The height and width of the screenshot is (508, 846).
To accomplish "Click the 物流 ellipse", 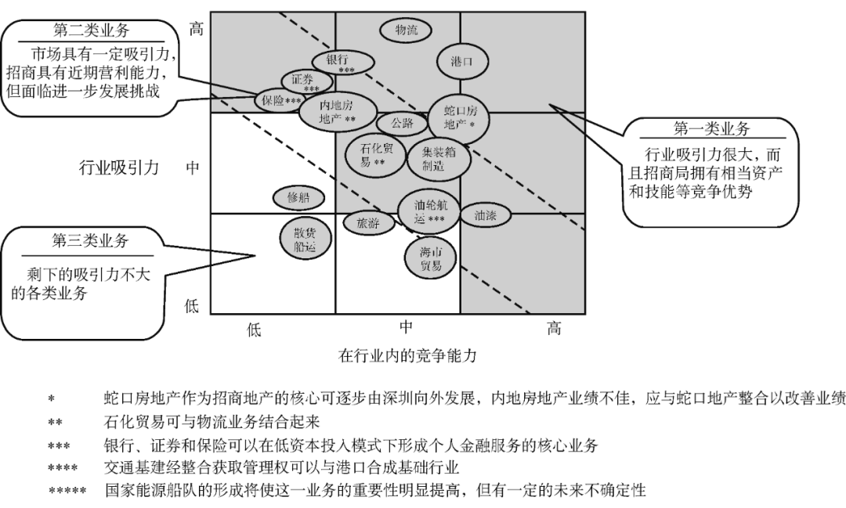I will pyautogui.click(x=407, y=31).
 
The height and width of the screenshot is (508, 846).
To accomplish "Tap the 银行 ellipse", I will pyautogui.click(x=341, y=62).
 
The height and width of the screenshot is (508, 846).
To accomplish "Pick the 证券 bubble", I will pyautogui.click(x=302, y=81).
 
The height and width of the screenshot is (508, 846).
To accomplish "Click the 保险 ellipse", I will pyautogui.click(x=280, y=100).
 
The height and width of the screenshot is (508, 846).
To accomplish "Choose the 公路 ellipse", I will pyautogui.click(x=402, y=123).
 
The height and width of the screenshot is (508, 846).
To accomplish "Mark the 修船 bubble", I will pyautogui.click(x=298, y=198).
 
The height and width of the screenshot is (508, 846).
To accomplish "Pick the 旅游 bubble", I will pyautogui.click(x=368, y=222).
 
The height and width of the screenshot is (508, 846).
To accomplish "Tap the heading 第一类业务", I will pyautogui.click(x=711, y=128).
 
